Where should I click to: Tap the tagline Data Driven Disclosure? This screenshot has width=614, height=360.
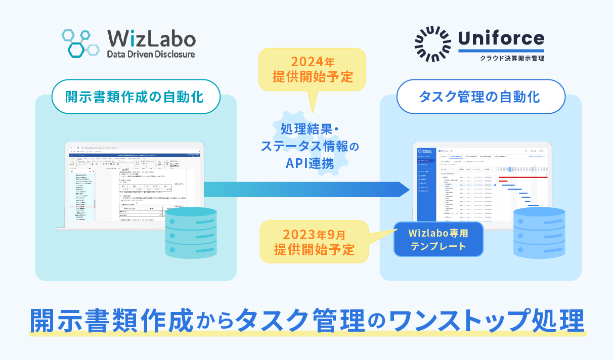[151, 54]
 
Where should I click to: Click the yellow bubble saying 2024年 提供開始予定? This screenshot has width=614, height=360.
[312, 69]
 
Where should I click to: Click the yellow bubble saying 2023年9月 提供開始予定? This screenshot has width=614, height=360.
[312, 242]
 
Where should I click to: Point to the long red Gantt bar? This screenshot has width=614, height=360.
[523, 177]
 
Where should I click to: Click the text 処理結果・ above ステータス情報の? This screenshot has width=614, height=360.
[312, 129]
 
